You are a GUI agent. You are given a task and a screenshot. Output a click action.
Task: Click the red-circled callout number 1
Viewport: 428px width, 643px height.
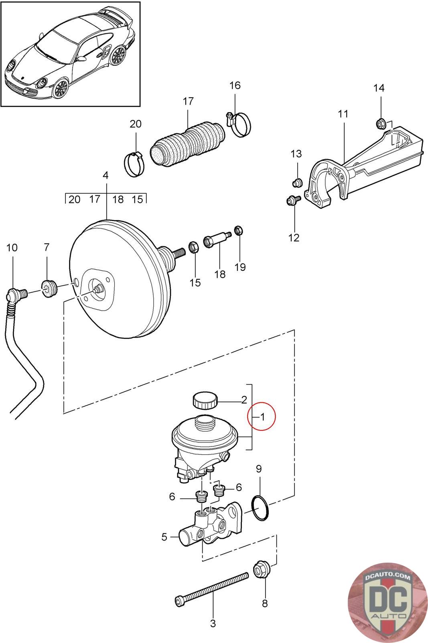click(262, 417)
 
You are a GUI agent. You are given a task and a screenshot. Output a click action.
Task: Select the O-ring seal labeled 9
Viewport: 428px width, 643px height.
click(260, 508)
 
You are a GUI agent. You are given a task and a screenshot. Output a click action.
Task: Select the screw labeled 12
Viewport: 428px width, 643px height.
click(292, 200)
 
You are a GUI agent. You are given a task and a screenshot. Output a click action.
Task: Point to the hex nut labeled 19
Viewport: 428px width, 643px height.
click(237, 231)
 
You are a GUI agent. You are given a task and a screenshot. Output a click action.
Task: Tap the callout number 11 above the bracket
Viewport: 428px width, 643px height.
click(343, 114)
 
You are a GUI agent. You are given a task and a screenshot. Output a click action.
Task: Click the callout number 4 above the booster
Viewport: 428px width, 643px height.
click(105, 175)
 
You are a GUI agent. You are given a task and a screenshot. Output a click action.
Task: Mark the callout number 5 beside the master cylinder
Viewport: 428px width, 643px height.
click(164, 537)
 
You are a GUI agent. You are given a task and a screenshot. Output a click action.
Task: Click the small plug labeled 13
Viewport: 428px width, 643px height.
click(297, 184)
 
